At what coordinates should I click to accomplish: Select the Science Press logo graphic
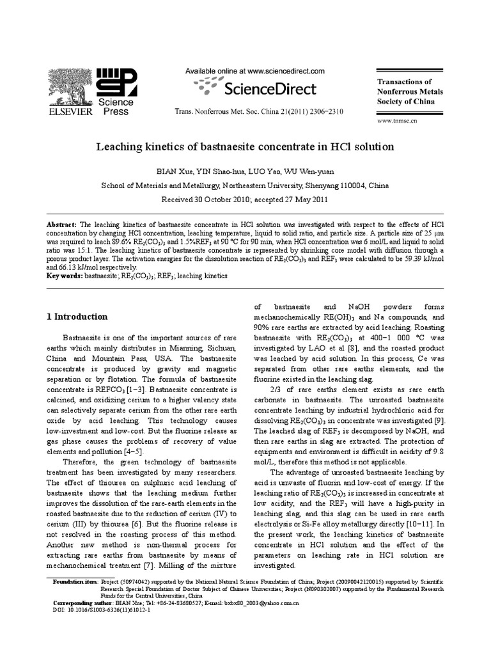coord(116,83)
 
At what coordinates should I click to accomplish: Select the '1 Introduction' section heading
coord(77,317)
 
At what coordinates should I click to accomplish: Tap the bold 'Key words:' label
coord(66,276)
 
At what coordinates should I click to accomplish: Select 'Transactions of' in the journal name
coord(405,82)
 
